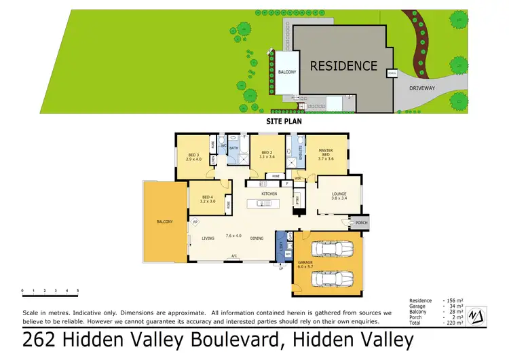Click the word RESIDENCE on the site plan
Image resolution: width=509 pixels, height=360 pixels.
[x=343, y=66]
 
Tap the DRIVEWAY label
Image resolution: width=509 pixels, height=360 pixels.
[x=423, y=88]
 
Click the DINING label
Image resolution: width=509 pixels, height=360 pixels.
[x=257, y=238]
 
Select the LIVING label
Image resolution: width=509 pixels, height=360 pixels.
[x=208, y=238]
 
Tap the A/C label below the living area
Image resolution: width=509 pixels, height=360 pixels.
[x=233, y=256]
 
